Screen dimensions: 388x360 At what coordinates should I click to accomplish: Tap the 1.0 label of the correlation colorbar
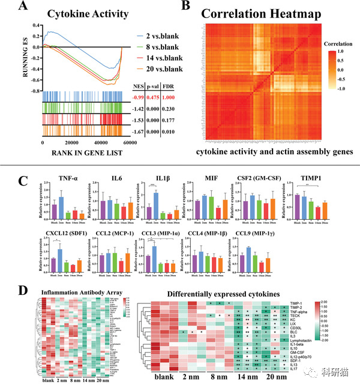tap(340, 52)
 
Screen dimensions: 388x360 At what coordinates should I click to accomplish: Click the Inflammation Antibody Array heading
tap(75, 293)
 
